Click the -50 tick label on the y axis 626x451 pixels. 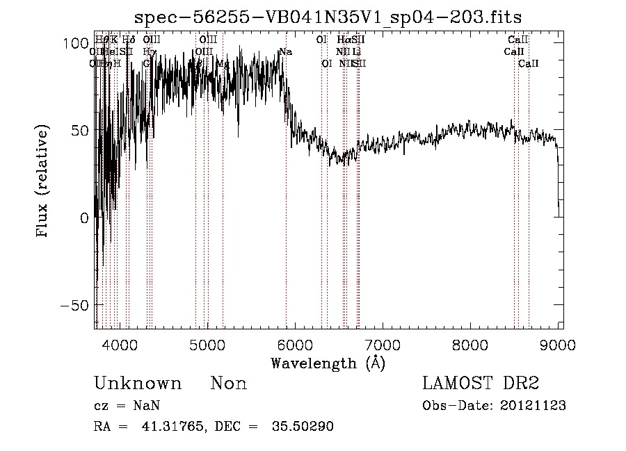pyautogui.click(x=72, y=305)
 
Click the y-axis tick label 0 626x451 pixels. pyautogui.click(x=83, y=218)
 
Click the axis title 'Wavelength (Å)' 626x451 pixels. pyautogui.click(x=327, y=363)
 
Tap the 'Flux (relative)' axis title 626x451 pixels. pyautogui.click(x=43, y=182)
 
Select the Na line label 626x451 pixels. pyautogui.click(x=285, y=52)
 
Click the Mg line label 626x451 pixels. pyautogui.click(x=223, y=64)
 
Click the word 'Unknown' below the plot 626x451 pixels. pyautogui.click(x=138, y=384)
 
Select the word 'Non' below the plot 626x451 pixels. pyautogui.click(x=229, y=384)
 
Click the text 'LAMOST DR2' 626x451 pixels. pyautogui.click(x=481, y=384)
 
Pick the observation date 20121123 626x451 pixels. pyautogui.click(x=533, y=406)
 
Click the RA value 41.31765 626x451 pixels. pyautogui.click(x=168, y=427)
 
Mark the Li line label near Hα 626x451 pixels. pyautogui.click(x=356, y=52)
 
